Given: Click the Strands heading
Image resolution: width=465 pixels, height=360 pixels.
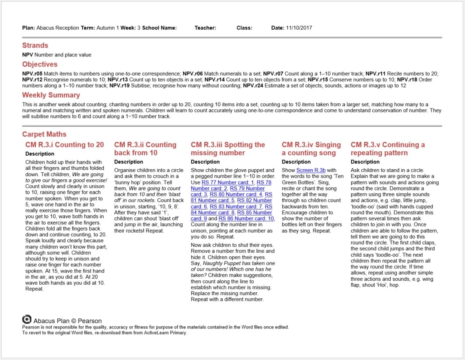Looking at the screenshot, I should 35,45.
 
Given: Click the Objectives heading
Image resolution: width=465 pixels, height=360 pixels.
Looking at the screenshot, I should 40,64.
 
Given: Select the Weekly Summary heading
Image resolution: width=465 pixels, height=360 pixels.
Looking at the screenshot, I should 51,95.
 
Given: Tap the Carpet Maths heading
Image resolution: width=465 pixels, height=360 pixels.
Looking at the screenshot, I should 44,134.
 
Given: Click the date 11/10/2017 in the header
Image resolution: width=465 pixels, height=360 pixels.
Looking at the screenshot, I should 299,28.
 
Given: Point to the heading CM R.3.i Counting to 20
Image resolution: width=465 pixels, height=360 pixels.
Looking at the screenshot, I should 65,145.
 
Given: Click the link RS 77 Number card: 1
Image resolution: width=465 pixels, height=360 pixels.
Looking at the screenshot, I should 227,182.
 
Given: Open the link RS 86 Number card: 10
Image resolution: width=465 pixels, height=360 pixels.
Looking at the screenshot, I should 246,218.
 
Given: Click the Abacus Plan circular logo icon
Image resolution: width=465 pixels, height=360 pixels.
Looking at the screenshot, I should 27,319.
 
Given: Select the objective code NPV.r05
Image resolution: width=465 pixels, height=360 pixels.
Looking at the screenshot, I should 32,73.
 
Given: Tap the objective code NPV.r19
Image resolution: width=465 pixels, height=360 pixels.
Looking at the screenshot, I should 119,86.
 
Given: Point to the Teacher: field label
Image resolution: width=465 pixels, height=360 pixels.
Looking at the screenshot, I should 205,28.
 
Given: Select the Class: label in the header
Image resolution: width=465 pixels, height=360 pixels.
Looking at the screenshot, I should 244,28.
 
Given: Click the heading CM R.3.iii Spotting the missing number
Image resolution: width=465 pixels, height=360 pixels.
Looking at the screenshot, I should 228,149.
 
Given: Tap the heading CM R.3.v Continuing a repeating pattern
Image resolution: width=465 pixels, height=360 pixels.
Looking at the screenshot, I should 388,149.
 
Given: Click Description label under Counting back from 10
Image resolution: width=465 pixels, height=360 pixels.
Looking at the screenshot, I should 129,162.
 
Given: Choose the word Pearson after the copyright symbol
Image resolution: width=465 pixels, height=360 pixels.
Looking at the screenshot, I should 90,321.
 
